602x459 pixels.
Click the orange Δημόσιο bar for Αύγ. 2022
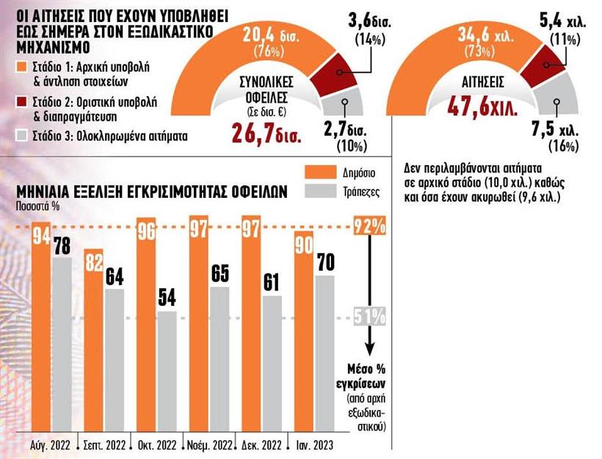click(41, 330)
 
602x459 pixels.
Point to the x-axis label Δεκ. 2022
click(263, 445)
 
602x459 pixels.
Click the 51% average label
click(370, 317)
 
